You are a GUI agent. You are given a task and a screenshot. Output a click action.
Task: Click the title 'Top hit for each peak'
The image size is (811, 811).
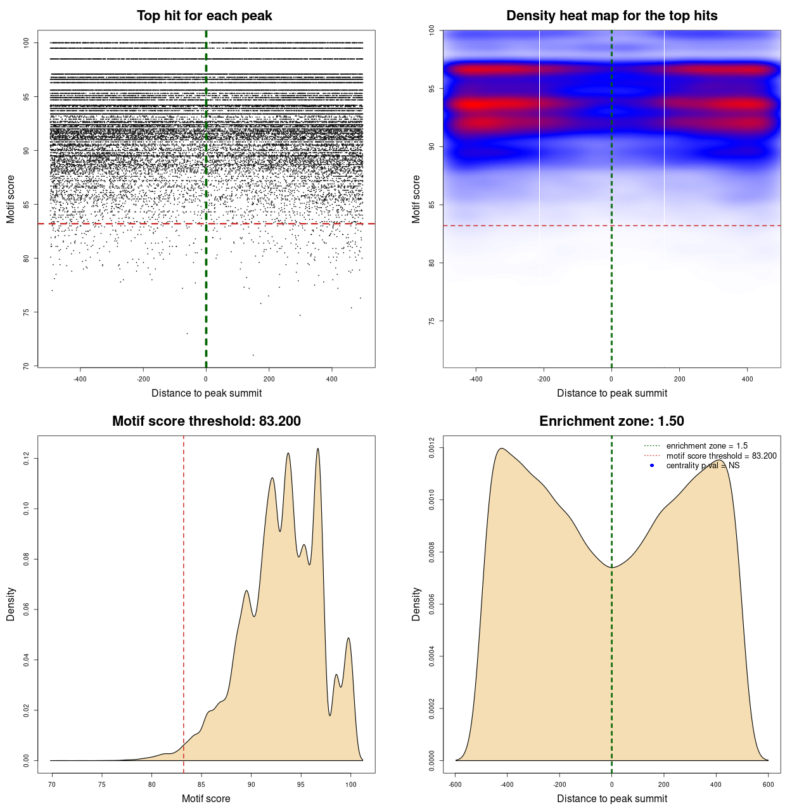tap(205, 16)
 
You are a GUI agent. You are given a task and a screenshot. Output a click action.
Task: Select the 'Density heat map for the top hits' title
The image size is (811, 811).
tap(611, 16)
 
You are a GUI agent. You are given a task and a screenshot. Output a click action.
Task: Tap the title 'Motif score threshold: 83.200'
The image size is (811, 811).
tap(206, 421)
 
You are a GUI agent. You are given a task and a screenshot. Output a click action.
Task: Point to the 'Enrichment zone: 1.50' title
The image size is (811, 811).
tap(611, 421)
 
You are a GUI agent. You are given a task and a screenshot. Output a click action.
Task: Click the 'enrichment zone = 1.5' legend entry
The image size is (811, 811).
tap(706, 446)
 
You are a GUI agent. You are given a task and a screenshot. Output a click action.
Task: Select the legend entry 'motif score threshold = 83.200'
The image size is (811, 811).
tap(721, 456)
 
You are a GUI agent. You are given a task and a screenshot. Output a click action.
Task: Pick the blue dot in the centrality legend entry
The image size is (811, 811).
tap(652, 466)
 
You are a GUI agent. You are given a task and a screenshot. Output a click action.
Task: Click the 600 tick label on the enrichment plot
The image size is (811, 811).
tap(768, 784)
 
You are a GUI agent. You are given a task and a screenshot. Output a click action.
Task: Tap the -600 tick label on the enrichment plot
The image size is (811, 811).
tap(455, 784)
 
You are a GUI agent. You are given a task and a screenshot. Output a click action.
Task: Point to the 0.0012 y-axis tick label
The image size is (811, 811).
tap(431, 448)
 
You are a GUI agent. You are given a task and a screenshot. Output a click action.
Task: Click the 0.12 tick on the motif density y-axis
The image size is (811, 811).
tap(26, 458)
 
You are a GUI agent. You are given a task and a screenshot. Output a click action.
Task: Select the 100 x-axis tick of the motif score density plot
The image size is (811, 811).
tap(350, 784)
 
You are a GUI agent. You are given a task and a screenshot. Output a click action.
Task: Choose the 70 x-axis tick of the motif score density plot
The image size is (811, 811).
tap(52, 784)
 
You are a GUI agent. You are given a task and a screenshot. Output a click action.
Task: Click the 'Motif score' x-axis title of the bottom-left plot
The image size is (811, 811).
tap(206, 799)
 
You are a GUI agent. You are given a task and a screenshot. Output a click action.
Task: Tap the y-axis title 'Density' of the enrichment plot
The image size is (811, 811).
tap(416, 604)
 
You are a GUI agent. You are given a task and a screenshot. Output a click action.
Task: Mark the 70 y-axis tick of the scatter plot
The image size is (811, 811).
tap(26, 366)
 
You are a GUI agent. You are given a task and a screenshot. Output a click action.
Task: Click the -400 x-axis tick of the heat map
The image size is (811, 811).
tap(476, 379)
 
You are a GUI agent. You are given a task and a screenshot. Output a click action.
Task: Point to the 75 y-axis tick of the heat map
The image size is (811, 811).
tap(431, 321)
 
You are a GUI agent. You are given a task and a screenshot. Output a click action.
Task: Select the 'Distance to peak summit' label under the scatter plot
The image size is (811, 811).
tap(207, 393)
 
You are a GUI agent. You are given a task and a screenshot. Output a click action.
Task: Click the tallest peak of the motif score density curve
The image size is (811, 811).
tap(317, 449)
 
